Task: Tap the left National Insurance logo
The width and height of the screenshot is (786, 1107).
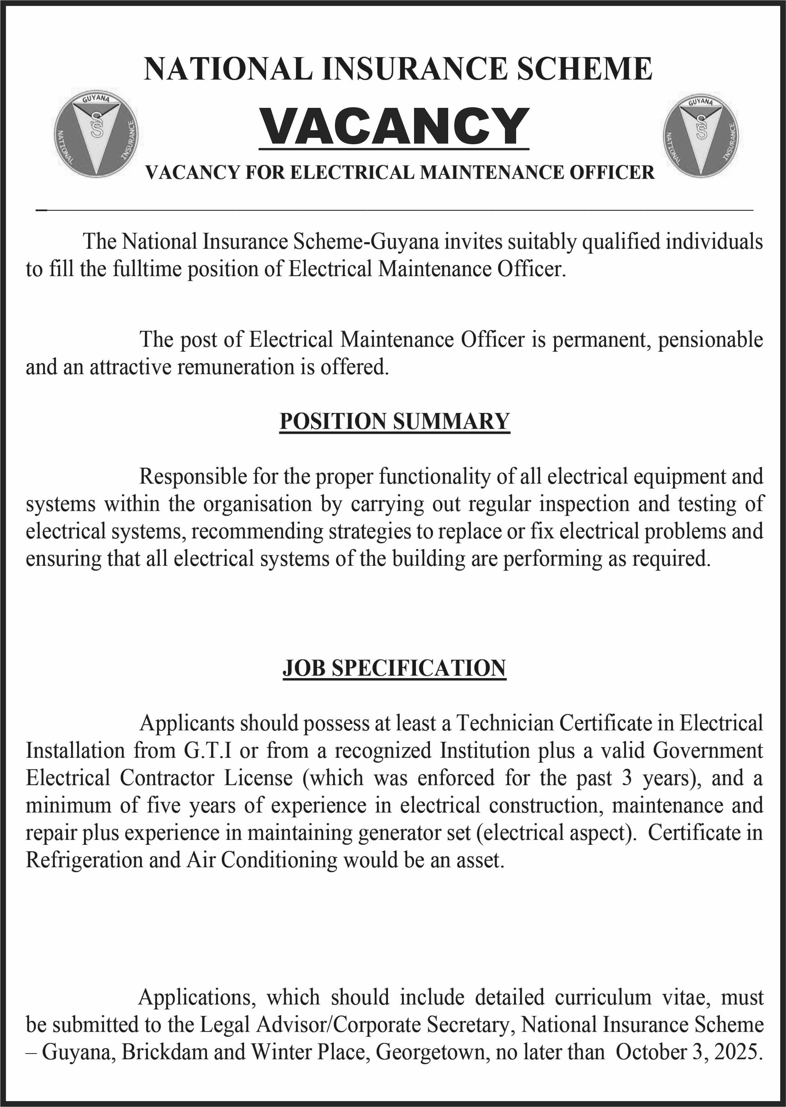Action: (x=96, y=133)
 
